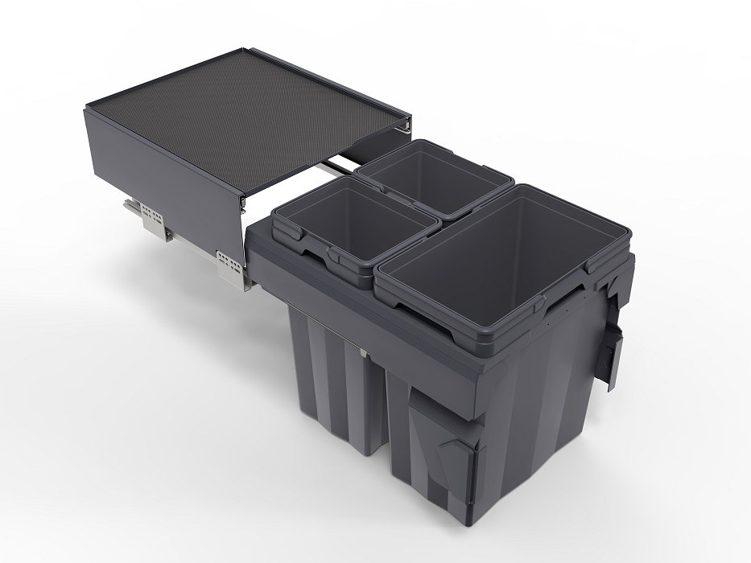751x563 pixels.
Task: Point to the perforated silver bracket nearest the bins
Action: pos(229,262)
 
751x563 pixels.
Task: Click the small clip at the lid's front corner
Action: pos(242,196)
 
